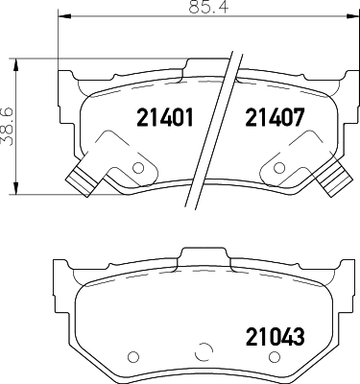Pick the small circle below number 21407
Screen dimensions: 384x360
(276, 169)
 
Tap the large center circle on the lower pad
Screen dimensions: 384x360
(204, 352)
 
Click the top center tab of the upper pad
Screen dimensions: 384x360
(204, 65)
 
